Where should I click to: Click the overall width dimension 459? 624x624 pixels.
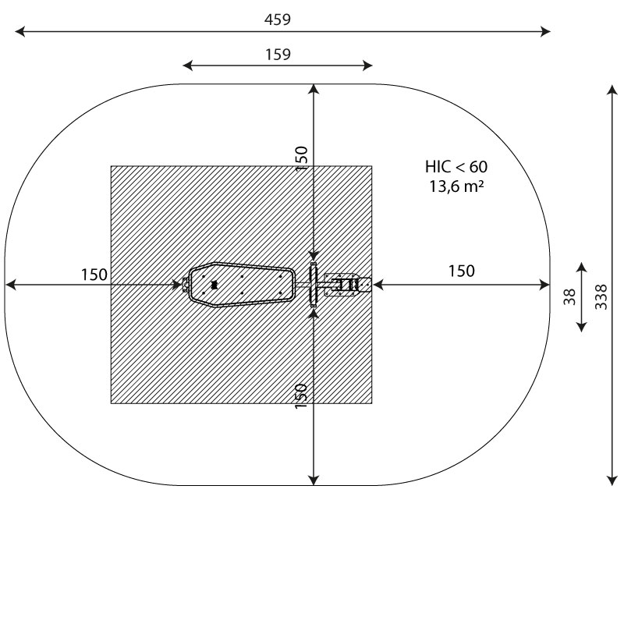[278, 19]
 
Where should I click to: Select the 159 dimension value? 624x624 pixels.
[278, 54]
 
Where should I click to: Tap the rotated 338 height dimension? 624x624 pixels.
[601, 297]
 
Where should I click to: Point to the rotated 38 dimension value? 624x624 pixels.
[570, 297]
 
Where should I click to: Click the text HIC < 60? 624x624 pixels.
[456, 167]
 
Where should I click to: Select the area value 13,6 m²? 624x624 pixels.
[456, 186]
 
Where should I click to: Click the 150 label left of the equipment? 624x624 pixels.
[94, 275]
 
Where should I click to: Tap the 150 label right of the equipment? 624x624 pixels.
[462, 271]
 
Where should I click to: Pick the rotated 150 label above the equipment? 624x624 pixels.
[302, 159]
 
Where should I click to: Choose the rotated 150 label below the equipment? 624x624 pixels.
[301, 396]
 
